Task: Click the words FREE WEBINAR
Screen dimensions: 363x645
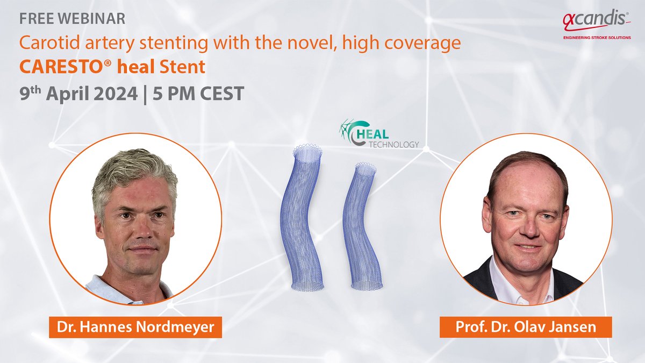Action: [72, 18]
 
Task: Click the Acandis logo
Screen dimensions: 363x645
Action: [593, 20]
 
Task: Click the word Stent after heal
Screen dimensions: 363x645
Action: [184, 67]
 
